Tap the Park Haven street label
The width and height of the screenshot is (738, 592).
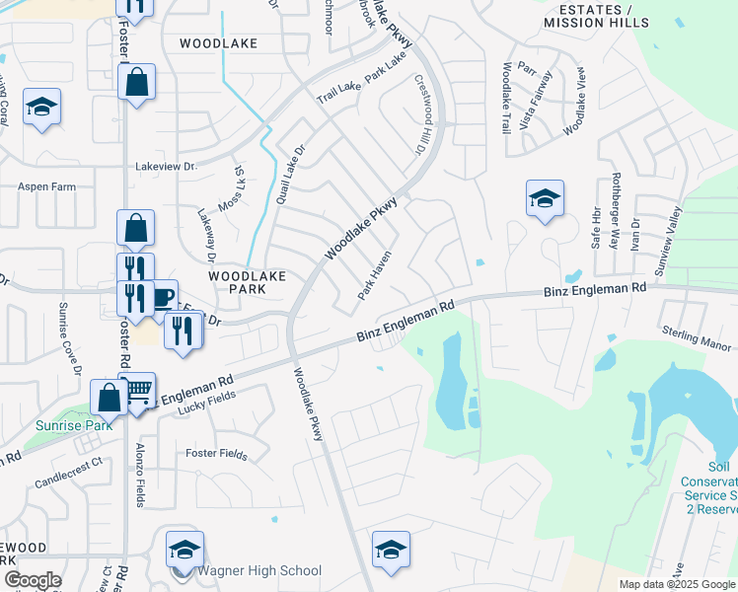click(x=375, y=275)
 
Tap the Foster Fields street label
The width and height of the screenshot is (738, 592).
click(x=216, y=453)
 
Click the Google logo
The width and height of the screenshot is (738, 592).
click(x=32, y=579)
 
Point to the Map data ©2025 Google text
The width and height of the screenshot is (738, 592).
click(x=677, y=584)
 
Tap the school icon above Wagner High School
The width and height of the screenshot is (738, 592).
click(x=184, y=549)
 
